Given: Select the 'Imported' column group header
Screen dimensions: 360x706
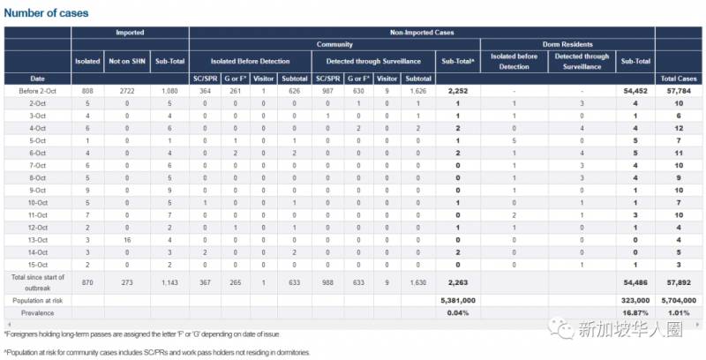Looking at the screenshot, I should point(130,33).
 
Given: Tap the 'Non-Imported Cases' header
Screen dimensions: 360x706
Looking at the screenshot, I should point(422,33).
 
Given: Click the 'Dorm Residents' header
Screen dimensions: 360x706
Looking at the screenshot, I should point(568,43).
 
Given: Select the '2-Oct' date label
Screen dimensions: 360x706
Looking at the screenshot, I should point(36,102).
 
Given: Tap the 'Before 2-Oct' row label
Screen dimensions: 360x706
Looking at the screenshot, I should point(36,90).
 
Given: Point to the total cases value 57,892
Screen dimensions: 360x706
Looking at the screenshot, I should point(680,281).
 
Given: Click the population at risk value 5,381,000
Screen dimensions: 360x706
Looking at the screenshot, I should point(457,299).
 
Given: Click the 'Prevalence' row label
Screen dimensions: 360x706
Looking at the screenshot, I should point(36,312).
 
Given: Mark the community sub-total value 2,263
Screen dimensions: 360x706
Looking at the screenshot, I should point(457,281).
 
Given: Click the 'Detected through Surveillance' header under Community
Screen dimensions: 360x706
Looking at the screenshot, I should point(377,62).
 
